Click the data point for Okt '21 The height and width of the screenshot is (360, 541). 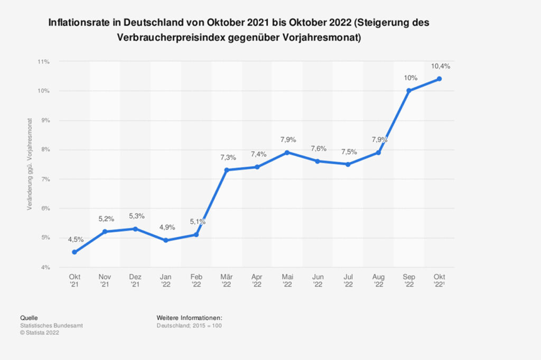[x=74, y=252]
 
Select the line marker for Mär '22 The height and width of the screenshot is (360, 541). [x=227, y=170]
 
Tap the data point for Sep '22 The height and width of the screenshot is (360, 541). [x=409, y=91]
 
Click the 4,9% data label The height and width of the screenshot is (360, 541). [x=166, y=228]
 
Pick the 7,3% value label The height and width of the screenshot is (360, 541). [x=227, y=157]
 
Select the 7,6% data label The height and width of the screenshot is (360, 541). [x=318, y=148]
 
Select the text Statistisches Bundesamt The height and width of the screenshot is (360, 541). [x=51, y=326]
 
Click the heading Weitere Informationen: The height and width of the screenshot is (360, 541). [x=189, y=318]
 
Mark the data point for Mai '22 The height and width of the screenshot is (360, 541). [x=287, y=153]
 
